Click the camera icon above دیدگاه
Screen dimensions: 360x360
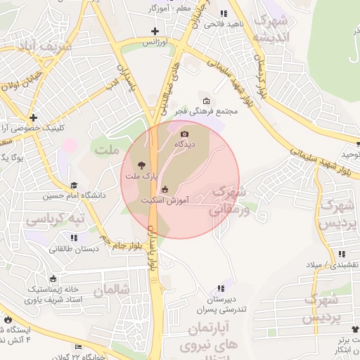click(x=185, y=134)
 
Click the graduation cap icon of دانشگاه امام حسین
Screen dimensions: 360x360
click(x=74, y=185)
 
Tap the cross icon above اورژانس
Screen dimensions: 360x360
click(x=155, y=31)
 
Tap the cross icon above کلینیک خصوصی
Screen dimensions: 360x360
click(x=33, y=117)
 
